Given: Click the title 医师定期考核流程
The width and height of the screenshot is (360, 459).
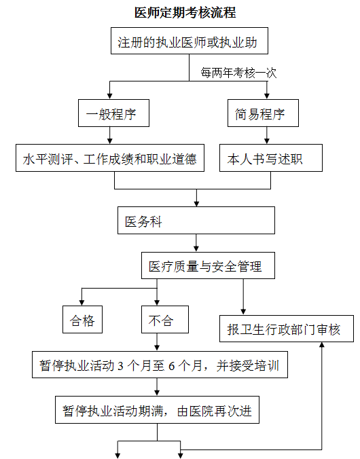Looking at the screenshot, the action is tap(185, 13).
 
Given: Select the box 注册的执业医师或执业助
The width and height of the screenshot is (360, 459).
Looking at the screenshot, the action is tap(190, 41).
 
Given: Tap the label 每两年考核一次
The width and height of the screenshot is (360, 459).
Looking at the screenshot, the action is tap(238, 73).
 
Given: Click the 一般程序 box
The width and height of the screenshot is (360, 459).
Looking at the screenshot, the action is tap(113, 113).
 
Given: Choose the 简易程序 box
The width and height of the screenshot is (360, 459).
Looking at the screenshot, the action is tap(263, 113).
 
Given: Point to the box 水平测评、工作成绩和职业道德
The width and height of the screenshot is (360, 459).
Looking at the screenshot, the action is tap(110, 158).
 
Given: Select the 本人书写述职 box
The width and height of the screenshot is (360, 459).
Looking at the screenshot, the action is tap(271, 158).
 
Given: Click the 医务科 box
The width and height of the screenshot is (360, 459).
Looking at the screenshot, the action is tap(196, 221).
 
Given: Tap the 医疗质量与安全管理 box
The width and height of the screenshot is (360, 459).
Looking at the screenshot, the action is tap(208, 265).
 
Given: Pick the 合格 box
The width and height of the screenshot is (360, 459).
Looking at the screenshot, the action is tap(82, 319).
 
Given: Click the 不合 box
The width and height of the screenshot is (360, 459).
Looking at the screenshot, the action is tap(165, 319).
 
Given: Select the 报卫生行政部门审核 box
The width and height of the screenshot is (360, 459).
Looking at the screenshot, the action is tap(287, 329).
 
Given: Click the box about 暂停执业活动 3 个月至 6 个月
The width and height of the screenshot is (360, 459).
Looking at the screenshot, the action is tap(160, 365).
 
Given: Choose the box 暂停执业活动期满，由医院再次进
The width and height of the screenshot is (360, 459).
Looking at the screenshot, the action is tap(158, 410).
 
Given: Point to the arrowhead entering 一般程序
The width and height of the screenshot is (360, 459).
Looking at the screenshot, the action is tap(110, 96).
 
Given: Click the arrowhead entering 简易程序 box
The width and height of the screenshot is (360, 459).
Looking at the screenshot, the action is tap(266, 96).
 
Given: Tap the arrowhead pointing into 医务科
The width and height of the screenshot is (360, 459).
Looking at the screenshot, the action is tap(196, 204).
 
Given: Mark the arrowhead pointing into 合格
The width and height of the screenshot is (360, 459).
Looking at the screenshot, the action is tap(82, 303).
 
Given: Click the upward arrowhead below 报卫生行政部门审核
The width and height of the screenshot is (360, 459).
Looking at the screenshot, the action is tap(322, 345).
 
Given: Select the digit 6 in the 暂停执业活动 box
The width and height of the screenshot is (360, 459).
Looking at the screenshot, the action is tap(172, 365).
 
